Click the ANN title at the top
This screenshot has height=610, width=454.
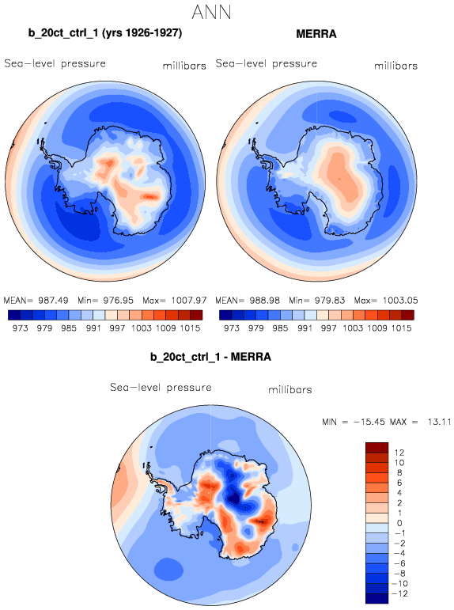(212, 12)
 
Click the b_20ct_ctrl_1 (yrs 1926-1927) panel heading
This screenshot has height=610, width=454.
(105, 33)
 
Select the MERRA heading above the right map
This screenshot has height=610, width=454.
(316, 34)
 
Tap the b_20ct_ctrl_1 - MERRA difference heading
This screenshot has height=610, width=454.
(210, 357)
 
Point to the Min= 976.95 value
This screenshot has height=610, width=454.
(105, 301)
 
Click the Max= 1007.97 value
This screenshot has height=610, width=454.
(175, 301)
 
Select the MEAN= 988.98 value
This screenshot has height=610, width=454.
(248, 301)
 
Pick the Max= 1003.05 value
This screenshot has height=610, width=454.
(386, 301)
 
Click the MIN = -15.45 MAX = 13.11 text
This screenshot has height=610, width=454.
(386, 422)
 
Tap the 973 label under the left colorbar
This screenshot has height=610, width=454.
(20, 328)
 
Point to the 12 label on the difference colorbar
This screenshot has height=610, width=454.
(399, 453)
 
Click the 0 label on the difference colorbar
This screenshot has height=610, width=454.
(399, 523)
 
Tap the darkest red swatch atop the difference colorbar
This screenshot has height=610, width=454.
(377, 447)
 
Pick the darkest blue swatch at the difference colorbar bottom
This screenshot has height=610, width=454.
(377, 598)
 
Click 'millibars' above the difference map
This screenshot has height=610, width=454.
(290, 390)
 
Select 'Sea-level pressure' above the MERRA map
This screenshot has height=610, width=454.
(267, 63)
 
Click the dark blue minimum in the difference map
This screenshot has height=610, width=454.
(235, 498)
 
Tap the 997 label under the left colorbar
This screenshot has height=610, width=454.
(117, 328)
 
